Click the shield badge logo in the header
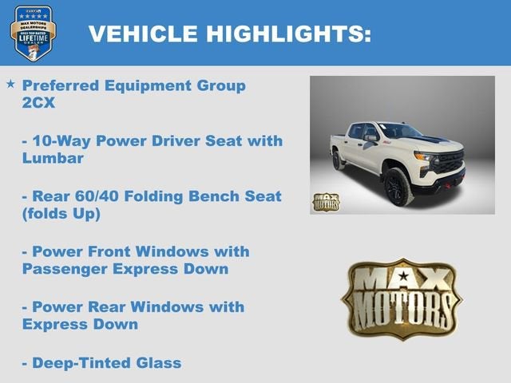33,33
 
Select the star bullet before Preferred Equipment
10,83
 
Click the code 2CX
39,103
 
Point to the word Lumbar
53,158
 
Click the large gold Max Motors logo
401,298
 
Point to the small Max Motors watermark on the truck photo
325,202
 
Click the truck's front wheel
398,186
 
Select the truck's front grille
450,163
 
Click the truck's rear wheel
339,160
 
